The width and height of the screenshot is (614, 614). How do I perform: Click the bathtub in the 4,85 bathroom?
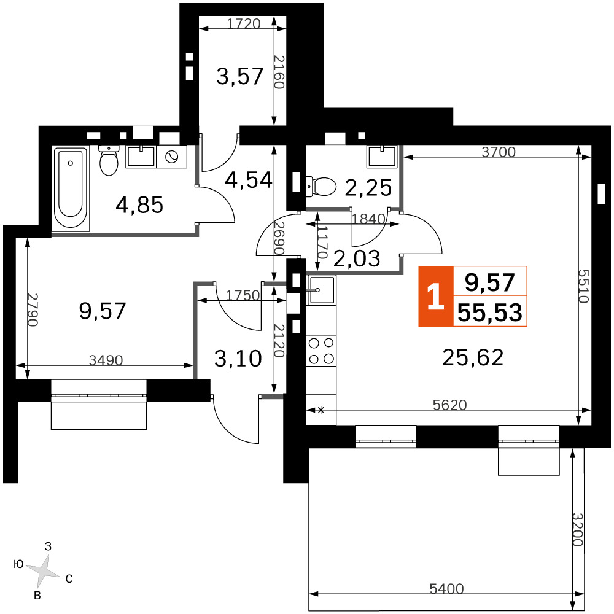coord(71,188)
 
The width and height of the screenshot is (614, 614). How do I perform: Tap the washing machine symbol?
coord(171,157)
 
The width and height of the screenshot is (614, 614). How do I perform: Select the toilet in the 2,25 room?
coord(321,187)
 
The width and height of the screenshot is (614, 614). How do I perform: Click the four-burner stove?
coord(321,351)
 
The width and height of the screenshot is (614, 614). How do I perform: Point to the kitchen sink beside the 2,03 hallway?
coord(321,290)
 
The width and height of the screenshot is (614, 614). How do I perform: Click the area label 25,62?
coord(473,357)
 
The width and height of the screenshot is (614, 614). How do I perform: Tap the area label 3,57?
coord(239,76)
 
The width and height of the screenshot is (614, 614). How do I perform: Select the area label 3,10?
coord(238,359)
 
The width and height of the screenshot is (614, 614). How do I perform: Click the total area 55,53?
coord(490,312)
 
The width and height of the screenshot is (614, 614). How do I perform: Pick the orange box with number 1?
coord(436,297)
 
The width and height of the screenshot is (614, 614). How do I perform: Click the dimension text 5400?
coord(446,588)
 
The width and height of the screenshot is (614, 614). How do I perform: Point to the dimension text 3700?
coord(499,152)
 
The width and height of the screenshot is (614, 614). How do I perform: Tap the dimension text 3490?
coord(106,360)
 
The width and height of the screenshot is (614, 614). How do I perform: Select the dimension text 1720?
coord(244,23)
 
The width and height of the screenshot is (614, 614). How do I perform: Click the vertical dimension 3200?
coord(578,529)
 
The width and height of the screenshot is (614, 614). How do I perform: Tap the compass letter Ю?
coord(18,564)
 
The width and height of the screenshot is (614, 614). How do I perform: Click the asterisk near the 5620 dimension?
coord(321,410)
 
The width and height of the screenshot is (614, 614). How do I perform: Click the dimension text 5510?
coord(583,286)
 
